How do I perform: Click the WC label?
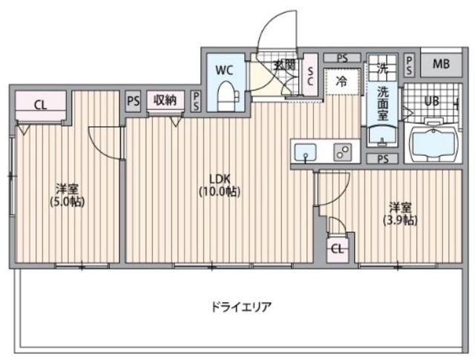coord(225,70)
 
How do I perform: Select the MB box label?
coord(441,64)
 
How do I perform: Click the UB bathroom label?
coord(432,101)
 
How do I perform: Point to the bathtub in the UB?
coord(432,141)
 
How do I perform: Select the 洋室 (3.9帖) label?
coord(399,214)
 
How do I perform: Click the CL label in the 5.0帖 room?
coord(41,105)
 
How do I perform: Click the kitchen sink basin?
coord(305,152)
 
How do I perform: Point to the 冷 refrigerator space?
coord(342,81)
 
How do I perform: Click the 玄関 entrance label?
coord(285,65)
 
